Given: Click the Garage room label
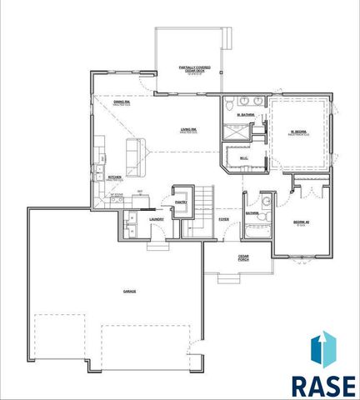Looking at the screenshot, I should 129,291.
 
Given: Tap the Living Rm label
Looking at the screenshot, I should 188,128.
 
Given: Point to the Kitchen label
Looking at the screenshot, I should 114,177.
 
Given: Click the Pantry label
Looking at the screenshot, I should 181,201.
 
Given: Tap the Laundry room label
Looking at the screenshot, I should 156,219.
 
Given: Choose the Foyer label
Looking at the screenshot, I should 223,219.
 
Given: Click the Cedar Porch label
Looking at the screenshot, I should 243,258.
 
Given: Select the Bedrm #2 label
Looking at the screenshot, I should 302,222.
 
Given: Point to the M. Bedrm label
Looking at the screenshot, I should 298,132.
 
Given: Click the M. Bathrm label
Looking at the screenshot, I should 245,114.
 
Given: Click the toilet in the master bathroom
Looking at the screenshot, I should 229,104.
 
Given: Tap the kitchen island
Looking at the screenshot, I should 132,152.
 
